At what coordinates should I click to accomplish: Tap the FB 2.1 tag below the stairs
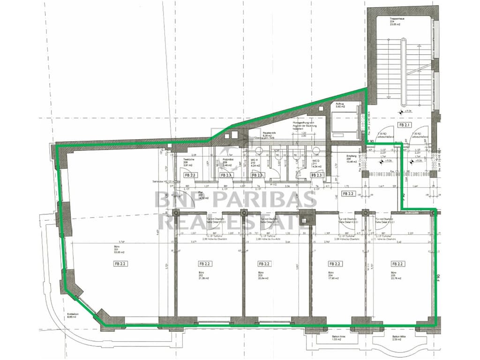click(404, 125)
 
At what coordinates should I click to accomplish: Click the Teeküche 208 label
click(189, 162)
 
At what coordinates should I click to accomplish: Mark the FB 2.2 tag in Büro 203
click(265, 264)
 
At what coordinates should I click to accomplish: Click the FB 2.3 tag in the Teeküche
click(190, 175)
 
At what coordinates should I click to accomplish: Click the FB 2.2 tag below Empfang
click(348, 193)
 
